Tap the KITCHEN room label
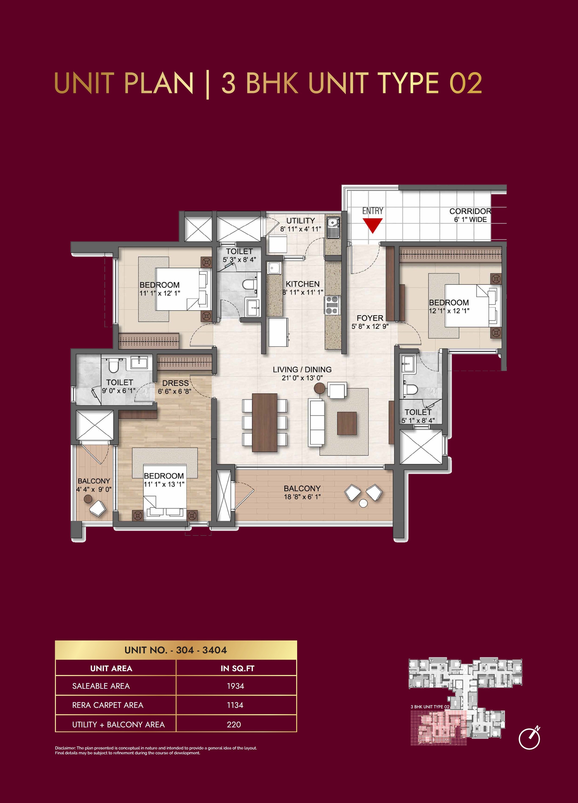302,284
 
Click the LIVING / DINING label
302,369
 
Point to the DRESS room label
175,383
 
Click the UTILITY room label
300,221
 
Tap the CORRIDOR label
470,211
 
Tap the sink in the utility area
333,223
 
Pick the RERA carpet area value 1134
235,705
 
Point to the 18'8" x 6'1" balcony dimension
302,497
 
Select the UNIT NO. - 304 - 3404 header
176,650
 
